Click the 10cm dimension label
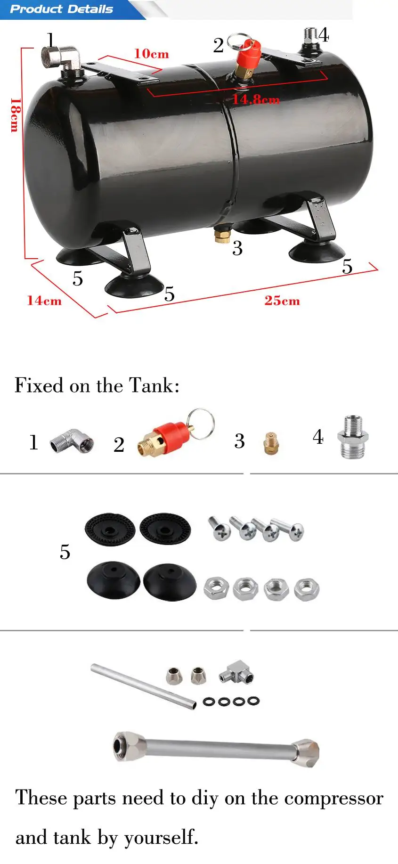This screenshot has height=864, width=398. click(x=151, y=54)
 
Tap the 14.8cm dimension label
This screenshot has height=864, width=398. click(x=256, y=99)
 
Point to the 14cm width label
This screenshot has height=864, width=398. click(x=44, y=301)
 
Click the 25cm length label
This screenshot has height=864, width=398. click(x=282, y=301)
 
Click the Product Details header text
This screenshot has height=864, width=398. click(x=62, y=9)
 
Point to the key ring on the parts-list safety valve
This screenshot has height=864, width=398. click(x=200, y=424)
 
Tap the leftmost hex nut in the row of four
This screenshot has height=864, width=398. click(x=216, y=589)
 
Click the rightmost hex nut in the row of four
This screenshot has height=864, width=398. click(x=307, y=589)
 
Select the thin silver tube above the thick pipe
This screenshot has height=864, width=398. click(x=143, y=685)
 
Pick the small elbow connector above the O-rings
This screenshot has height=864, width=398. click(x=237, y=673)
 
